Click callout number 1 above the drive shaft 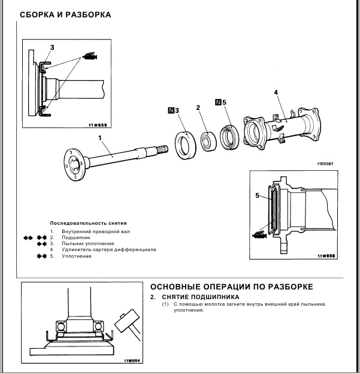coord(100,137)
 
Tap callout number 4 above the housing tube coord(276,92)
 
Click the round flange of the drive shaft coord(74,162)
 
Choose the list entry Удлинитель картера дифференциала coord(105,250)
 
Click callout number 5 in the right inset coord(258,195)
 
